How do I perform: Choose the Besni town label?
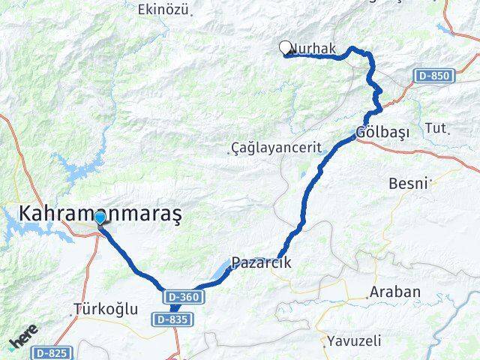[408, 183]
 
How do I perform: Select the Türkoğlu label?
[106, 308]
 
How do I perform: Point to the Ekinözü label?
[162, 10]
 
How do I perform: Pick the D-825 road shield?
[52, 352]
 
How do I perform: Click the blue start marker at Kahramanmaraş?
[100, 217]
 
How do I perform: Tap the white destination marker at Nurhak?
[285, 47]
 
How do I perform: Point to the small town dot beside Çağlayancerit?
[228, 153]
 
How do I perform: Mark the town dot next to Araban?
[367, 298]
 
